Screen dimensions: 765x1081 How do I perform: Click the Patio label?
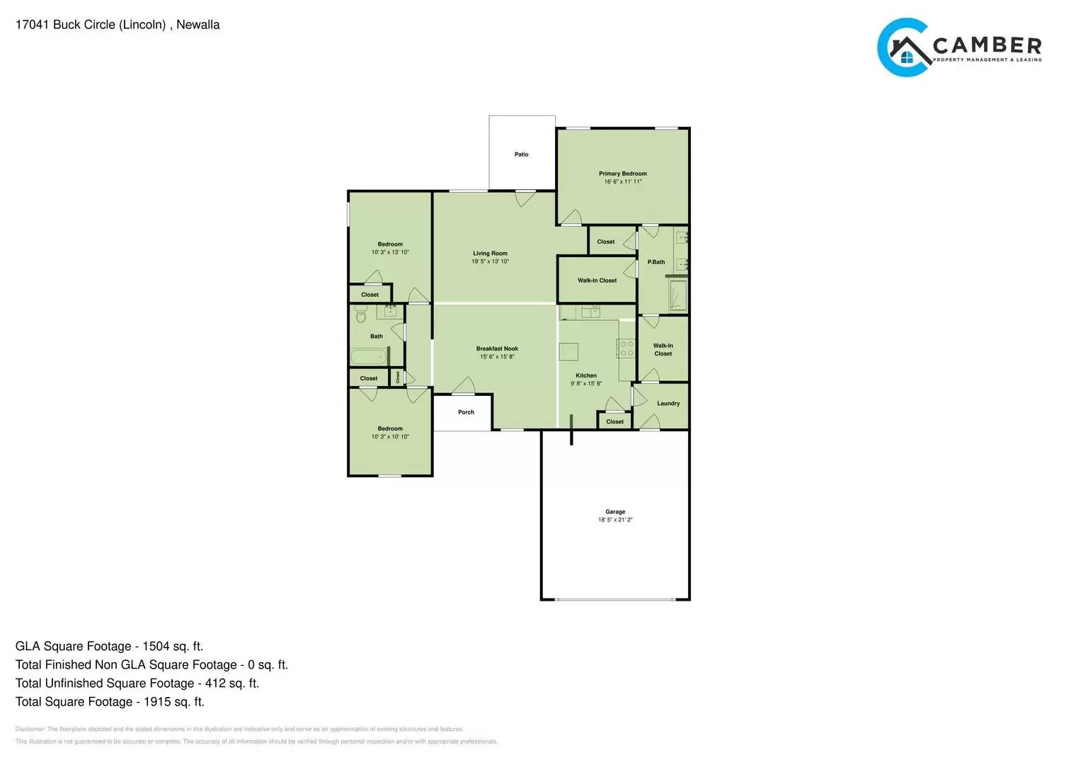(521, 154)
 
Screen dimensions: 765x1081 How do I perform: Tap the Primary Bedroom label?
(622, 174)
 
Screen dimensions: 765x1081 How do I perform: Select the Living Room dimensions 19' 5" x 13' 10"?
(490, 261)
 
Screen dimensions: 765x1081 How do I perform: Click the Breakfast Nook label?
(497, 348)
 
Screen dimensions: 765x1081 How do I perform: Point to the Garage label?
(615, 511)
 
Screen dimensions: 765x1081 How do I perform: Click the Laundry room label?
(668, 404)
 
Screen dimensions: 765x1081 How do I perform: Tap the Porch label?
(466, 412)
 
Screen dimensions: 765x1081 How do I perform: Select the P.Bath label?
(656, 262)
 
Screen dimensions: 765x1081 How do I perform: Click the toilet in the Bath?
(361, 314)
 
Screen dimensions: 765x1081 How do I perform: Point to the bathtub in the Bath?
(368, 356)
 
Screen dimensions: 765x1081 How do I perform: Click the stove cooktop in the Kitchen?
(627, 348)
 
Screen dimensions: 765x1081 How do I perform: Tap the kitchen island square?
(568, 352)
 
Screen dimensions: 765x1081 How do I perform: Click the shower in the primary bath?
(678, 295)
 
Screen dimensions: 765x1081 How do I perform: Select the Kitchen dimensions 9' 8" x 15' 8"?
(586, 384)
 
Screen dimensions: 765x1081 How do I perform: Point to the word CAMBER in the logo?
(987, 45)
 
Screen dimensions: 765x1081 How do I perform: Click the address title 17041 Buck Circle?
(118, 25)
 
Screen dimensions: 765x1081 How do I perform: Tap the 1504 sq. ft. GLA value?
(173, 646)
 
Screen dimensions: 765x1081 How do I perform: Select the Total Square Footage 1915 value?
(174, 702)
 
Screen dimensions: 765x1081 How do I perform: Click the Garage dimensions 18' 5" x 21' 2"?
(615, 520)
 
